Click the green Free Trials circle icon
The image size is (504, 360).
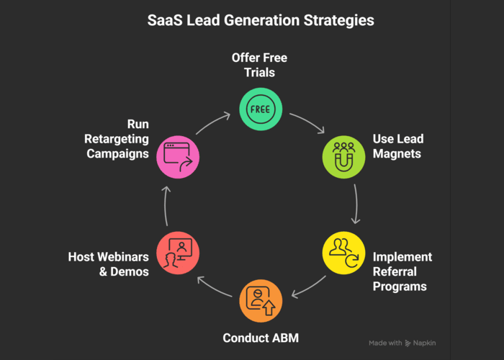(260, 109)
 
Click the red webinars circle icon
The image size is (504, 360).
(177, 251)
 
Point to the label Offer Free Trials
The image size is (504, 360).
(260, 66)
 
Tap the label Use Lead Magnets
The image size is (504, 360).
(398, 145)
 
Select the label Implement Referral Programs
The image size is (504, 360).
(402, 271)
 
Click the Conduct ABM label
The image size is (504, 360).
(260, 337)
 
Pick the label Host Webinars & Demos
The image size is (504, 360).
(109, 264)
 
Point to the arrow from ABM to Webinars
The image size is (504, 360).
(212, 287)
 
